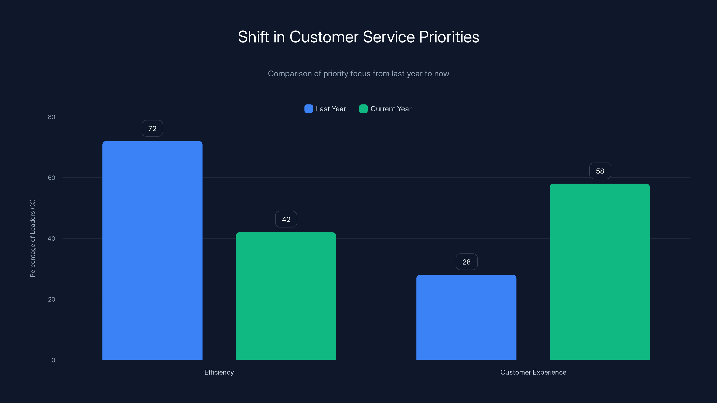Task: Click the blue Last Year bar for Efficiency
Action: (x=152, y=250)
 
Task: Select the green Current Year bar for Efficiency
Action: (x=286, y=296)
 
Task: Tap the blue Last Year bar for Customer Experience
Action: (x=466, y=317)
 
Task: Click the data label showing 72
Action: (x=152, y=129)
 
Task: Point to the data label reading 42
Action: (x=286, y=219)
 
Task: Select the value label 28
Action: (x=466, y=262)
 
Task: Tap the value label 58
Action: (x=600, y=171)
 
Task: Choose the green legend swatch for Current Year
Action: (x=363, y=109)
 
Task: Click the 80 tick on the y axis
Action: (x=52, y=117)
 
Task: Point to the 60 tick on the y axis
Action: (x=52, y=178)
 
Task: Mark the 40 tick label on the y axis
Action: (x=52, y=239)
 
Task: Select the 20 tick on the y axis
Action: (x=52, y=299)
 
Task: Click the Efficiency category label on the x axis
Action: (x=219, y=372)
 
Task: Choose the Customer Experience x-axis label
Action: (x=533, y=372)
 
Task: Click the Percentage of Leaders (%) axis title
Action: (x=32, y=238)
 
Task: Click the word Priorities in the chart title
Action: (x=449, y=37)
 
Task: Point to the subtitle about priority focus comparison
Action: (x=358, y=74)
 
